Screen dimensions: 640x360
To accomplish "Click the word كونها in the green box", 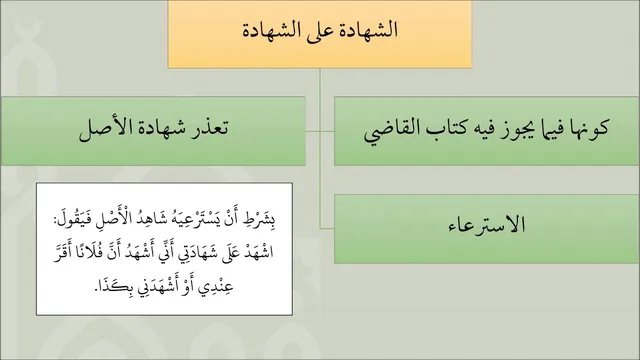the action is click(589, 128).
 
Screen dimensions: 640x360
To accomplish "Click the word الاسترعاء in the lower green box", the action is click(487, 225).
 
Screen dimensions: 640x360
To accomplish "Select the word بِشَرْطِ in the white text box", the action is click(261, 219).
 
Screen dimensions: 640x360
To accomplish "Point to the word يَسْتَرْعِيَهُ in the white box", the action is click(198, 219).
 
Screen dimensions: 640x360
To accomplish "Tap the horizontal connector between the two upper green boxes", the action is click(320, 131).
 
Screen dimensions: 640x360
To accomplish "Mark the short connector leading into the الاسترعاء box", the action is click(327, 229).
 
